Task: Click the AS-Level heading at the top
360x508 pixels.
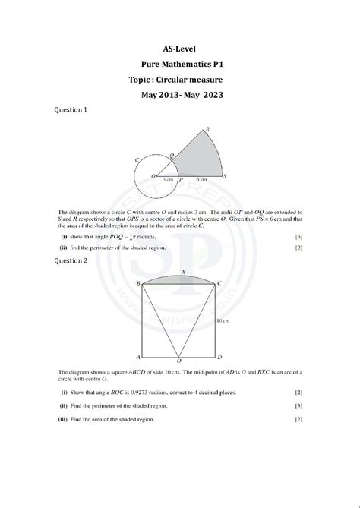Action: click(180, 47)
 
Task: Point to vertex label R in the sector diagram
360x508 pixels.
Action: click(208, 129)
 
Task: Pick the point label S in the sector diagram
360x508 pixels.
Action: click(227, 176)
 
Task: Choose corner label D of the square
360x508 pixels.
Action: click(220, 357)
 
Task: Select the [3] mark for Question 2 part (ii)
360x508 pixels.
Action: click(298, 406)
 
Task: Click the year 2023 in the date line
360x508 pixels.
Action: click(213, 96)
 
